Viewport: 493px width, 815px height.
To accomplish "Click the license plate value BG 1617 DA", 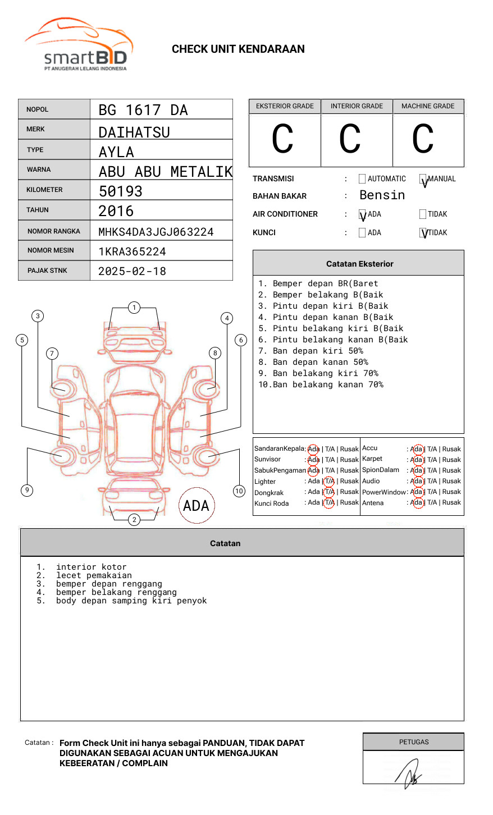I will pyautogui.click(x=143, y=110).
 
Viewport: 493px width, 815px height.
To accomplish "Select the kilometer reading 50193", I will pyautogui.click(x=121, y=191).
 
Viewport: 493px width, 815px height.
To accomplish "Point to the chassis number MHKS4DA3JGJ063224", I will pyautogui.click(x=156, y=232).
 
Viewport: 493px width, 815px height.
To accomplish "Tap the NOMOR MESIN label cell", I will pyautogui.click(x=54, y=250).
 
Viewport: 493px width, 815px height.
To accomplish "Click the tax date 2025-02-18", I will pyautogui.click(x=133, y=272).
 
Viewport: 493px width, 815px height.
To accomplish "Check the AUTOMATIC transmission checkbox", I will pyautogui.click(x=362, y=179).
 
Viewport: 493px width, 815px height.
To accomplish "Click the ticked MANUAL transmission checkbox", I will pyautogui.click(x=423, y=179).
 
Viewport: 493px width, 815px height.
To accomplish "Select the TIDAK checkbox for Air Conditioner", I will pyautogui.click(x=423, y=214).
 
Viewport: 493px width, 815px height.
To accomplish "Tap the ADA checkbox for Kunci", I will pyautogui.click(x=362, y=233).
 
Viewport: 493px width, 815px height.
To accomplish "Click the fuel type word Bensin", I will pyautogui.click(x=382, y=195).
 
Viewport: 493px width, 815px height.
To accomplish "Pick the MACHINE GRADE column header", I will pyautogui.click(x=428, y=106).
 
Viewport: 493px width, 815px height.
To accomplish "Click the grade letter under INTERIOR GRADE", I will pyautogui.click(x=350, y=139).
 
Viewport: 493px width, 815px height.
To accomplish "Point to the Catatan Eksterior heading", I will pyautogui.click(x=359, y=264).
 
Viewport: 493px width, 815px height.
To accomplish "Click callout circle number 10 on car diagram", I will pyautogui.click(x=239, y=491).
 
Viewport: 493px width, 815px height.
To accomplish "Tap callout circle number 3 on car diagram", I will pyautogui.click(x=38, y=316).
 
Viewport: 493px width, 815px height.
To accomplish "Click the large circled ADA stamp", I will pyautogui.click(x=196, y=506).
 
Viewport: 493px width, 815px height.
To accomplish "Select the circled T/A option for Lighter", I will pyautogui.click(x=329, y=482).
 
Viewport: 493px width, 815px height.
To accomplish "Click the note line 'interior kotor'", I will pyautogui.click(x=91, y=567).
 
